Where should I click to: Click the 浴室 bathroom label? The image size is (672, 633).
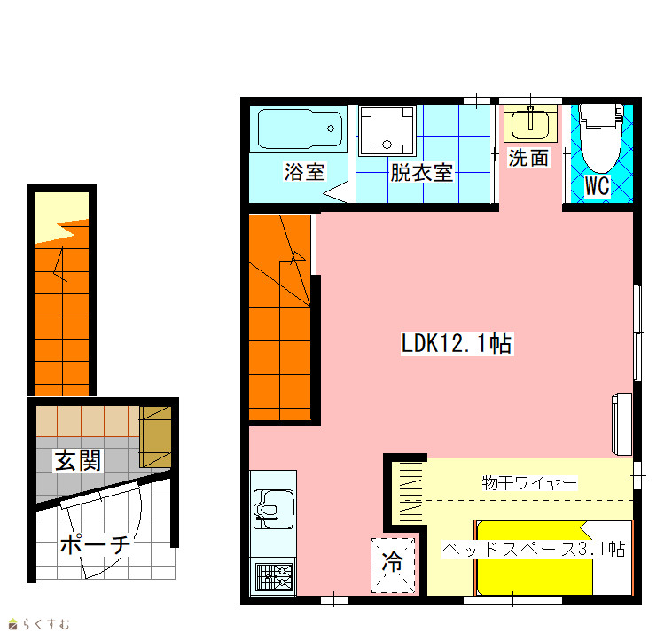[304, 172]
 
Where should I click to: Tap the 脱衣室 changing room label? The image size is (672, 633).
[422, 172]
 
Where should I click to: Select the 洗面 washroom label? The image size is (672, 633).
[528, 158]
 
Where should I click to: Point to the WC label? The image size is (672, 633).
[597, 185]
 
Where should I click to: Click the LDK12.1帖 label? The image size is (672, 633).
[457, 343]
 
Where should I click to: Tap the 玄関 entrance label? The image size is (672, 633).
[78, 460]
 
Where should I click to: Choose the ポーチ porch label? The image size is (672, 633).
[95, 544]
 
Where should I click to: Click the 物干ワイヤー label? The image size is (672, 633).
[529, 483]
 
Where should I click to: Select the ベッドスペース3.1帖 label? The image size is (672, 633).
[534, 549]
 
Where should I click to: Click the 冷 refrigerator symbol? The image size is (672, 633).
[393, 566]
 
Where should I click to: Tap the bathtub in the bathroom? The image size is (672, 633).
[300, 129]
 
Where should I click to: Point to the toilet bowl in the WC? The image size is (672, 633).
[600, 138]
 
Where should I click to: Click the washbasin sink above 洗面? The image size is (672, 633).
[530, 123]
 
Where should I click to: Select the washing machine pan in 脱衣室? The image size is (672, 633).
[387, 130]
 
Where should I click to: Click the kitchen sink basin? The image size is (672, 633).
[273, 509]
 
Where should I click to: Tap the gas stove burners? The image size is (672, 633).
[274, 577]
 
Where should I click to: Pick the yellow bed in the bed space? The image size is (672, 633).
[535, 558]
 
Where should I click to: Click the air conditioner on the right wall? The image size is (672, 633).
[621, 424]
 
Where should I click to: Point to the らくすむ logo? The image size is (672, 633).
[39, 624]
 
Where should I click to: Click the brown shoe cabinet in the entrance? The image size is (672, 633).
[155, 437]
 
